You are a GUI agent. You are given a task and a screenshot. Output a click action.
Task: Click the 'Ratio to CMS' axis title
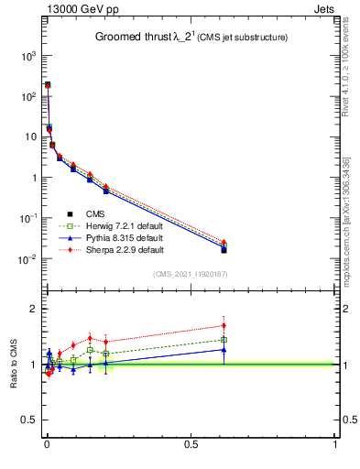point(15,364)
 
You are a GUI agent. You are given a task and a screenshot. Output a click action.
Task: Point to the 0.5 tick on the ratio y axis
point(28,420)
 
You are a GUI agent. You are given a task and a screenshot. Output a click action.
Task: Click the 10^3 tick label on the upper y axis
point(27,56)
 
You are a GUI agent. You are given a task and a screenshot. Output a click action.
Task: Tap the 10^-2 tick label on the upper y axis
point(27,259)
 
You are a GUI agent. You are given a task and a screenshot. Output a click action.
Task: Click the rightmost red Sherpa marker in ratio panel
point(224,325)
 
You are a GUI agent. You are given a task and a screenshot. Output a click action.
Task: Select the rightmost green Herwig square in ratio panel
point(224,340)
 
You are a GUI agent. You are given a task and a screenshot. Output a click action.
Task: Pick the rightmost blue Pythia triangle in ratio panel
point(224,349)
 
